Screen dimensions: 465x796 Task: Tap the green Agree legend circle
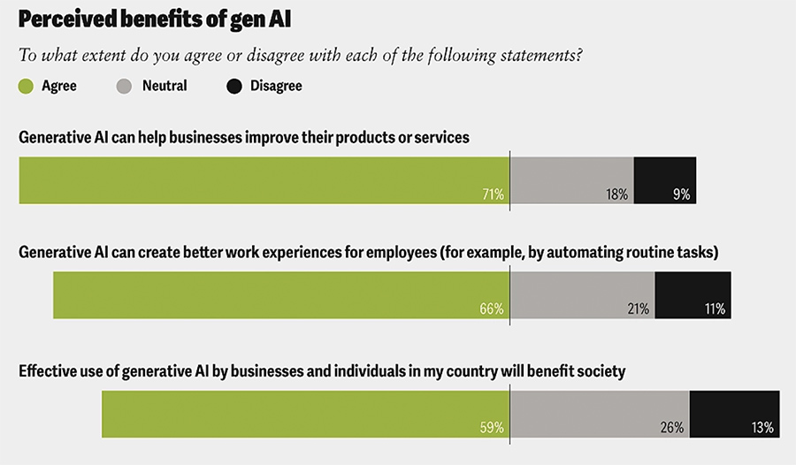27,86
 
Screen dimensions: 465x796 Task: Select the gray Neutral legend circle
125,86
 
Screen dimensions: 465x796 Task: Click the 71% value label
493,194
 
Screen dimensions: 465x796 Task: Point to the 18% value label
617,194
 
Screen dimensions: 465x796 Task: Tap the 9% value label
681,194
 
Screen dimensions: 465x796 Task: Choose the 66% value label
493,309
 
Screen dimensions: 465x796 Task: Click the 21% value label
638,309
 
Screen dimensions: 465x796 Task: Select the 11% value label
715,309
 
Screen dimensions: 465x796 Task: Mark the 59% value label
493,427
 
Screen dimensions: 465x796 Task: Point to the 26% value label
672,427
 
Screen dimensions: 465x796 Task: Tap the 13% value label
762,427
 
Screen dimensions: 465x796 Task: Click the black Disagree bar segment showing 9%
665,175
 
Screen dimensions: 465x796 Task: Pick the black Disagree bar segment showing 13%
734,408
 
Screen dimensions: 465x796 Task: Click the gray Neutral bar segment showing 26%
599,408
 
